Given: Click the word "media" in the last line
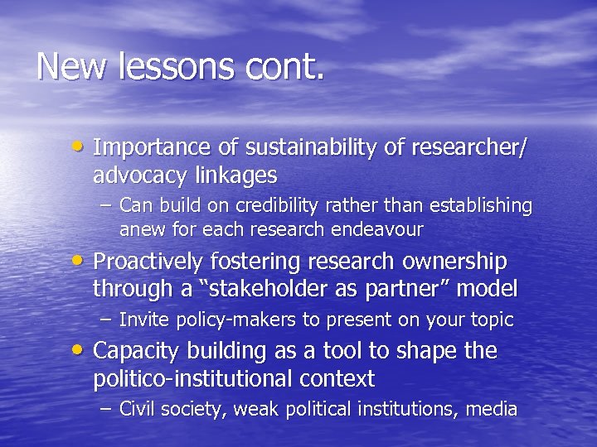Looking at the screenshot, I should tap(493, 409).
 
